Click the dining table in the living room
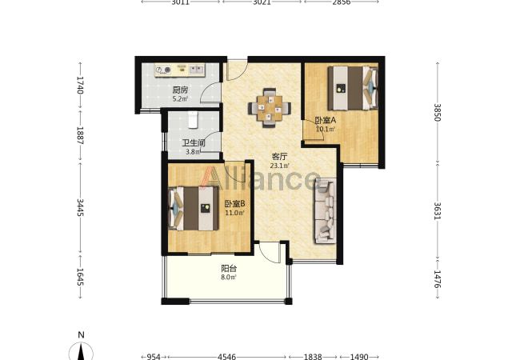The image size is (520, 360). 270,108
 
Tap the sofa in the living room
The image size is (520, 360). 326,210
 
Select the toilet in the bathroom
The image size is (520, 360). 193,119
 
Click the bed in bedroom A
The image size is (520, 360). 353,88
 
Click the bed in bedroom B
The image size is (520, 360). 194,208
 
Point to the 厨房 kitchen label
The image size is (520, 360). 181,90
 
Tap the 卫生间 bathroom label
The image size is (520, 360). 194,143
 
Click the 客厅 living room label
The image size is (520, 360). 279,157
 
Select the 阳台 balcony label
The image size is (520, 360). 229,268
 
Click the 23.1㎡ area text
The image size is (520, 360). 279,166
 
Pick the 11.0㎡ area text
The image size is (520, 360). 234,213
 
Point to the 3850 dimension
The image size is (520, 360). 438,113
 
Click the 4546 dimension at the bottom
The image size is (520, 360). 227,357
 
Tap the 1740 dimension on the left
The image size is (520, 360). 80,85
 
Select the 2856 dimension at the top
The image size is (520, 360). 342,2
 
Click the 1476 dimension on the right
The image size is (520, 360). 438,279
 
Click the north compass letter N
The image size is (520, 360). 81,335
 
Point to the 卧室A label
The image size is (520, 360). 326,120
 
